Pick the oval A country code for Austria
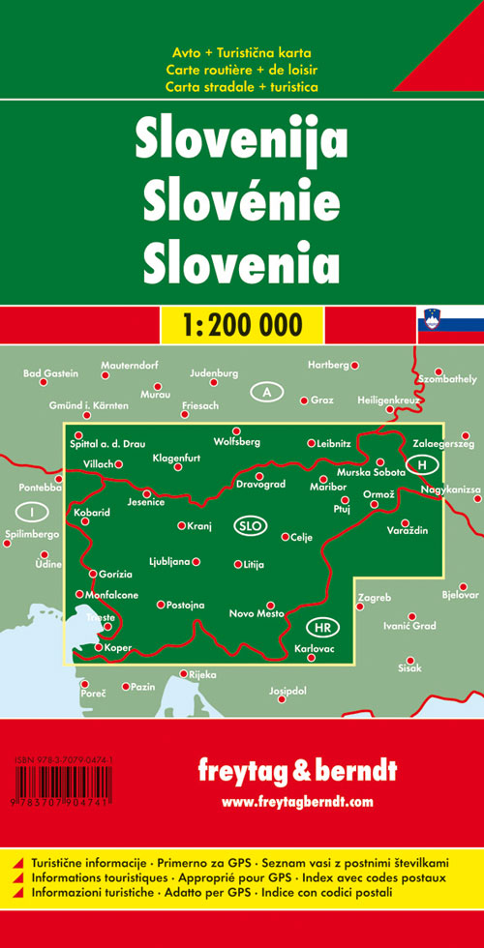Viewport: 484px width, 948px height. (266, 392)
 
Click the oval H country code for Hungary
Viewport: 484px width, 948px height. (422, 465)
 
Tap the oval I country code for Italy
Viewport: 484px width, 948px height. (33, 511)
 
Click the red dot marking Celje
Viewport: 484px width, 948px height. (285, 536)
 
